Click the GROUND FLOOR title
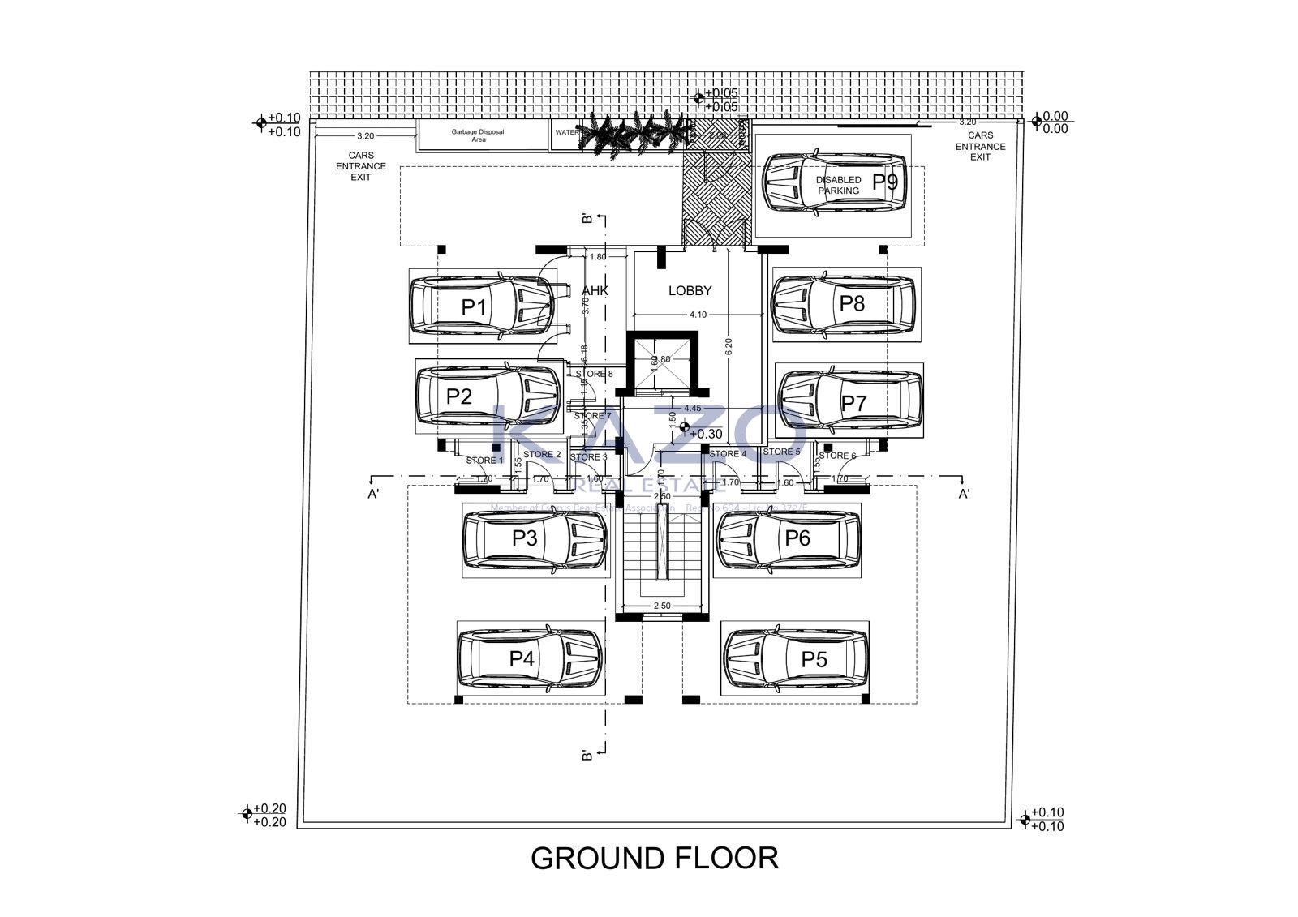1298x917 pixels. [654, 858]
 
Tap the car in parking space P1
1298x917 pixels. [484, 306]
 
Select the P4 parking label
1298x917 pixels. [522, 658]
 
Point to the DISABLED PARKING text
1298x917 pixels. [838, 185]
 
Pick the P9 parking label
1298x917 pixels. [885, 182]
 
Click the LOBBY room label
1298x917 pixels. [690, 290]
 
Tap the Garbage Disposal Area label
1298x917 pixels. [479, 135]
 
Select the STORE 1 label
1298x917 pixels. [484, 461]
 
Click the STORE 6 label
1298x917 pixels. [837, 456]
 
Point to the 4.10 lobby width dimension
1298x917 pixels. [698, 315]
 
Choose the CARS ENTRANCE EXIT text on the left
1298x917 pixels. [361, 166]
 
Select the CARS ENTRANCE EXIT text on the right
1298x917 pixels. [980, 147]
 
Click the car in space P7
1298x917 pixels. [849, 399]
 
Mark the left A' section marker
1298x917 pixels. [373, 494]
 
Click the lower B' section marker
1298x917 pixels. [587, 754]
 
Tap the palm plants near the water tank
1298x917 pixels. [625, 134]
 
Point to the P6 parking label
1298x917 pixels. [797, 538]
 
